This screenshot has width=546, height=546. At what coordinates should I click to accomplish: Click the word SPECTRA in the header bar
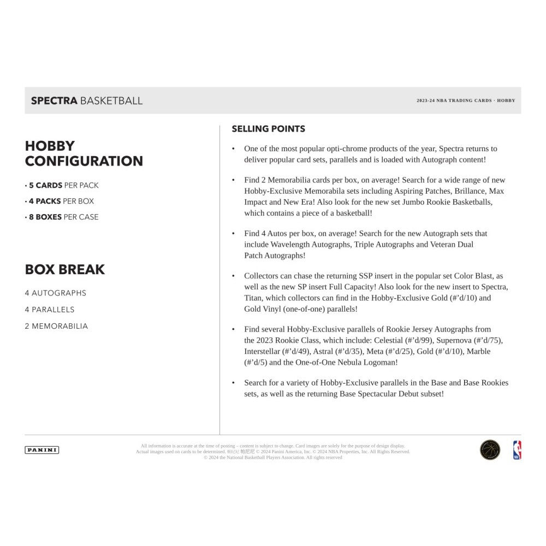point(54,100)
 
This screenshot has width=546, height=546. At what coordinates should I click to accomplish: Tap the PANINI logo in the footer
point(42,450)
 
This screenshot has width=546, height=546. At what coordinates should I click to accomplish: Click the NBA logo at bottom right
point(517,450)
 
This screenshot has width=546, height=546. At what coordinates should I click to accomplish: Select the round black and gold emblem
point(490,450)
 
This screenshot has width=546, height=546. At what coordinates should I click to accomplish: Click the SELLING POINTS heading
point(268,129)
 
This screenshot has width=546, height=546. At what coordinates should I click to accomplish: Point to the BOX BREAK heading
point(64,269)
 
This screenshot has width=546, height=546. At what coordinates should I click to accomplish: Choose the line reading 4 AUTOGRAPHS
point(55,293)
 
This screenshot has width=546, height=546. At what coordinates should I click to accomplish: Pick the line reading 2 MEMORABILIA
point(56,326)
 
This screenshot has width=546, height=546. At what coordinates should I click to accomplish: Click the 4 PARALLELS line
point(49,310)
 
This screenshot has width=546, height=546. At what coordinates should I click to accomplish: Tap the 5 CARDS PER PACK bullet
point(62,185)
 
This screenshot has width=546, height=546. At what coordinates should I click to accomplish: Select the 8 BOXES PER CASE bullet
point(62,217)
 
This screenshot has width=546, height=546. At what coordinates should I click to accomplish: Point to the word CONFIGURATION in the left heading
point(84,161)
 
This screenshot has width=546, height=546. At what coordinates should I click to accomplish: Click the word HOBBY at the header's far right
point(506,100)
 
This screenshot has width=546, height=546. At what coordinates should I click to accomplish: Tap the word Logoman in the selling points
point(380,362)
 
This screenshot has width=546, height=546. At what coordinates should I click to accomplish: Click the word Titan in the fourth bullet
point(254,298)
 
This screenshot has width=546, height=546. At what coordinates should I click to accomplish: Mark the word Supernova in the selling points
point(459,340)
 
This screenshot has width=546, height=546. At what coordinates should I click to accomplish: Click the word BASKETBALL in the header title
point(111,100)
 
